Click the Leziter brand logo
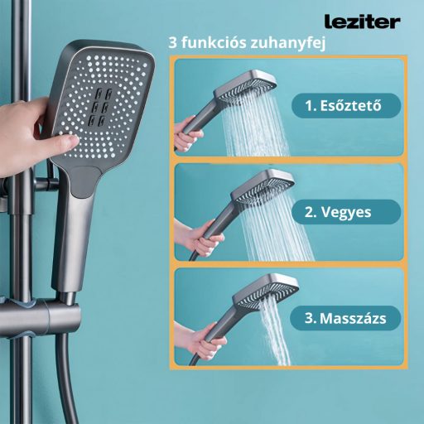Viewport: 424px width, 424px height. [361, 20]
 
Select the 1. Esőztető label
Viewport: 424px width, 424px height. [346, 105]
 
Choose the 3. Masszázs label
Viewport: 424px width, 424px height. [346, 316]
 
